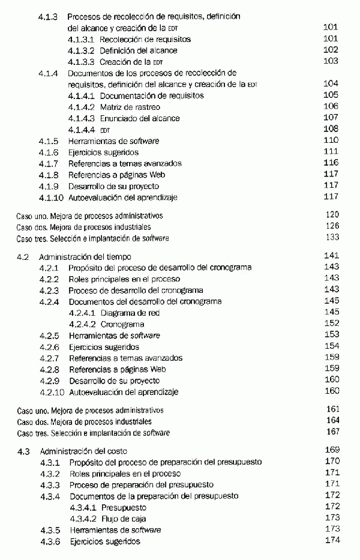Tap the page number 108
click(x=331, y=129)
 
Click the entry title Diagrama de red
click(x=139, y=313)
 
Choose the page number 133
click(x=331, y=238)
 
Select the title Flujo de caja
click(x=124, y=519)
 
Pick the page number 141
click(x=331, y=256)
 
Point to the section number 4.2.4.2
click(x=82, y=324)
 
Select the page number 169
click(x=331, y=450)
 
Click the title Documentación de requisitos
click(x=152, y=95)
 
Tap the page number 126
click(x=331, y=226)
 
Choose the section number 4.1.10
click(x=51, y=197)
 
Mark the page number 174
click(x=331, y=541)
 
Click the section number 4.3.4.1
click(x=82, y=507)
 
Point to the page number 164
click(x=331, y=421)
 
